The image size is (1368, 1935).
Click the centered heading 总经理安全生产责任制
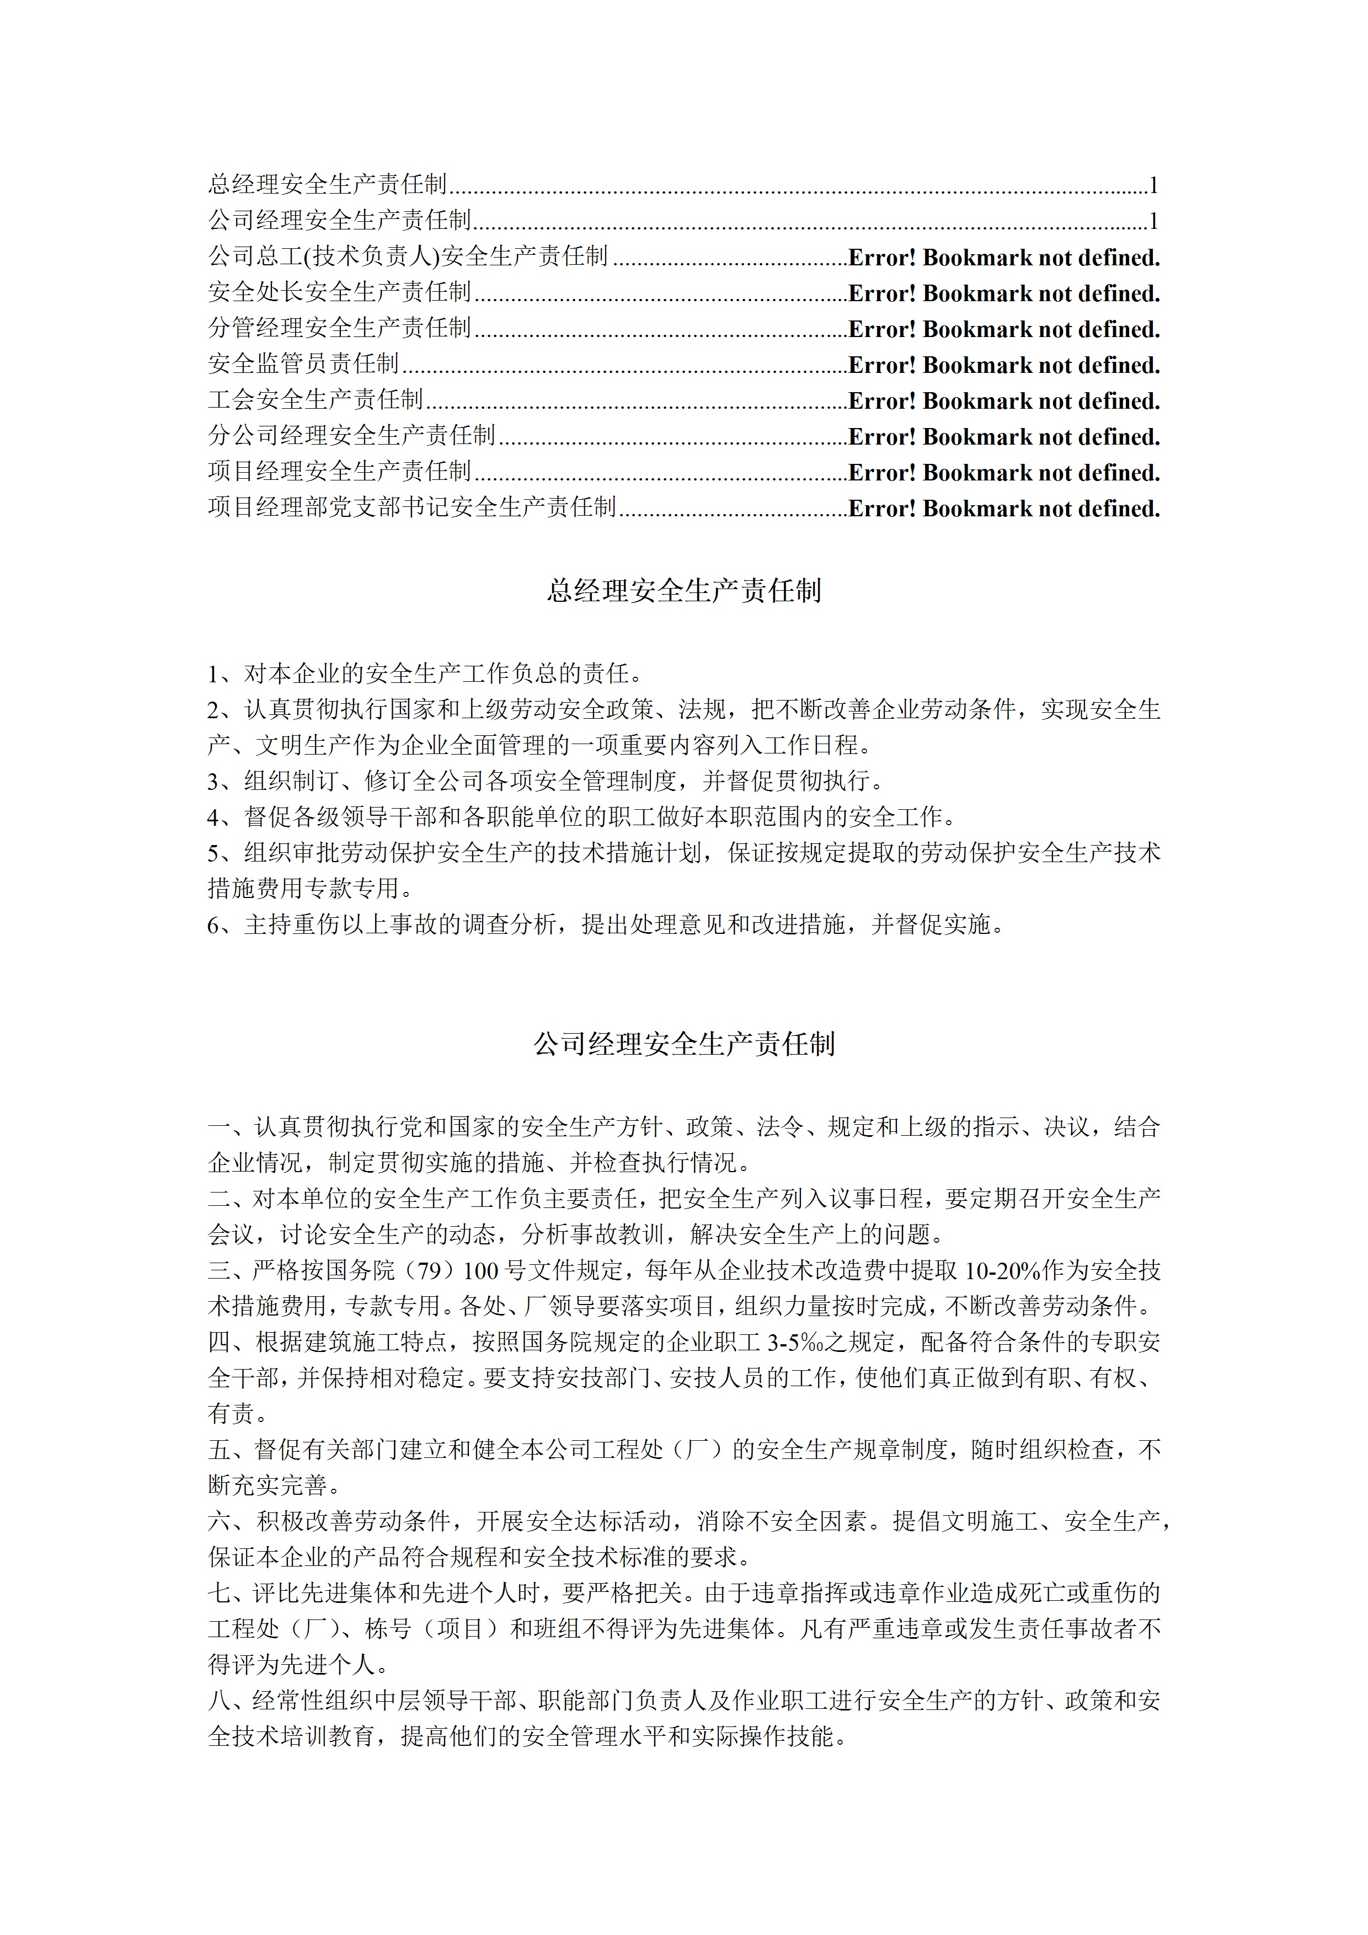tap(683, 591)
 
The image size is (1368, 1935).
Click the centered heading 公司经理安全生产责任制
tap(683, 1044)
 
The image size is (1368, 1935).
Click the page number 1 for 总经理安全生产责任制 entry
tap(1154, 185)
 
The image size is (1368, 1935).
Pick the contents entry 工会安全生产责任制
tap(315, 399)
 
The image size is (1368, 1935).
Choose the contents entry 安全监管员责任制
tap(303, 364)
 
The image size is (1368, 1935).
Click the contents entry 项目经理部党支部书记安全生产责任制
tap(412, 507)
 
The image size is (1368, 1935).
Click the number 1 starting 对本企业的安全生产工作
tap(214, 674)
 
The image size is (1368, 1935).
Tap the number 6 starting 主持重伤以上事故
tap(214, 926)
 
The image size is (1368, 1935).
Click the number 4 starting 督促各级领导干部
tap(214, 817)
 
